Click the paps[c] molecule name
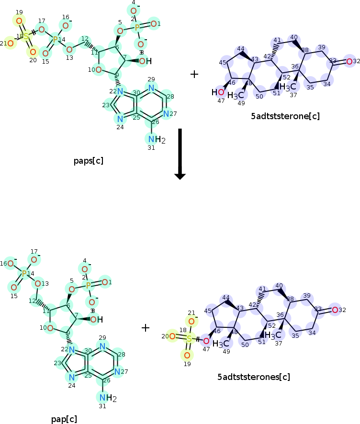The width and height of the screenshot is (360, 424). coord(89,160)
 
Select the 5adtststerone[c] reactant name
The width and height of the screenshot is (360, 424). coord(285,116)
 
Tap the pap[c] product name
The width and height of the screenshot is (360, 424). coord(64,419)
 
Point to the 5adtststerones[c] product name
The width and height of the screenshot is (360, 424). coord(253,377)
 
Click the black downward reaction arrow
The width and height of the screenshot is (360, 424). coord(180,153)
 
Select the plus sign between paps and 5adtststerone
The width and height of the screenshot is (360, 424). coord(194,74)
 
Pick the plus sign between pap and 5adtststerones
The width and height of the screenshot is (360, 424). coord(146,328)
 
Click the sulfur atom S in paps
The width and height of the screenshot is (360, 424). coord(25,36)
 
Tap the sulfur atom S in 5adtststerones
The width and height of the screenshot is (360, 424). coord(189,338)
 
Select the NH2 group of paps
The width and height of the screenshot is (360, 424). coord(154,139)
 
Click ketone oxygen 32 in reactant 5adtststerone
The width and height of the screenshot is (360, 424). coord(349,61)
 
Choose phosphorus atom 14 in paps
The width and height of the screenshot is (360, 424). coord(56,39)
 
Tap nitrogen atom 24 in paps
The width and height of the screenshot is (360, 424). coord(119,119)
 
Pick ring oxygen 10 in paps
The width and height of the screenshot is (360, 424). coord(98,70)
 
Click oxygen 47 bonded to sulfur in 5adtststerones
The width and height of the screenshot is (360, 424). coord(206,341)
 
